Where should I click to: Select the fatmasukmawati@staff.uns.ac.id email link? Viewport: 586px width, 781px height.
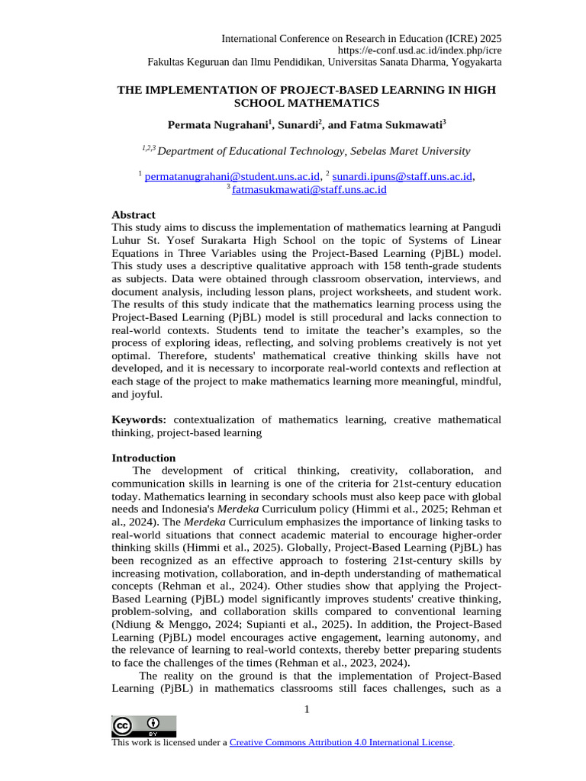coord(309,189)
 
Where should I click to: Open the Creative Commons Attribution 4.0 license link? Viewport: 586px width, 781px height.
coord(341,742)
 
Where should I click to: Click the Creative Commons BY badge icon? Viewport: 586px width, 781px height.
coord(143,726)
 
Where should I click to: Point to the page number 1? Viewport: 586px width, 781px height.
coord(306,710)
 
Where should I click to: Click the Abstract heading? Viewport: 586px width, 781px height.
coord(134,215)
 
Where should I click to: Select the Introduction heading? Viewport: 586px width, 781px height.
coord(143,458)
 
